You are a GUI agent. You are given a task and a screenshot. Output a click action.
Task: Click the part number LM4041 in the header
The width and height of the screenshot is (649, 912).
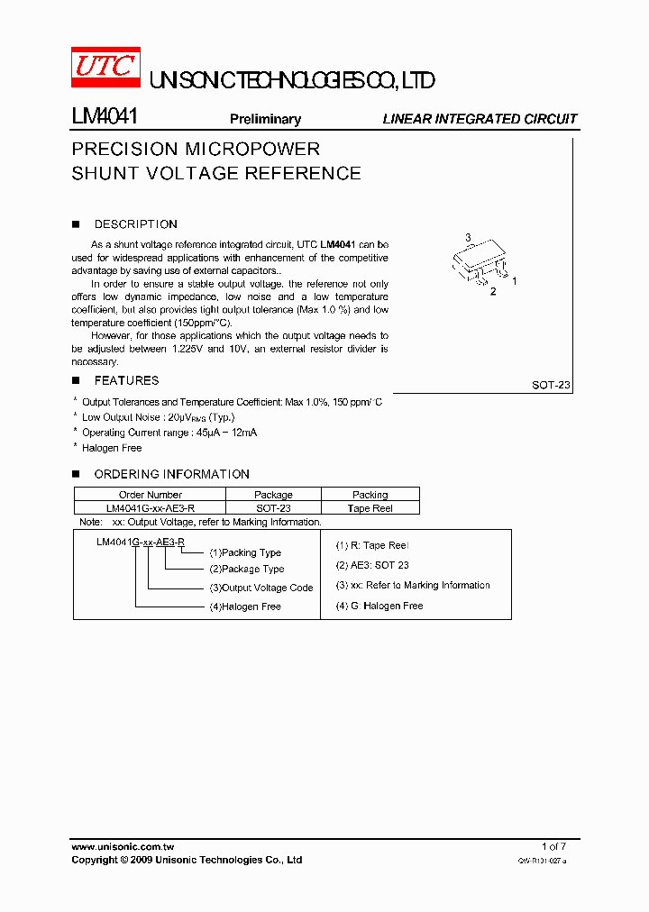pyautogui.click(x=104, y=117)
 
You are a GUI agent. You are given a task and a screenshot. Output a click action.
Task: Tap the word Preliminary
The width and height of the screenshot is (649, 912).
pyautogui.click(x=265, y=119)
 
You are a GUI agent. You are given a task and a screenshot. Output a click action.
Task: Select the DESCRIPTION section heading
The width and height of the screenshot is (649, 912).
pyautogui.click(x=135, y=224)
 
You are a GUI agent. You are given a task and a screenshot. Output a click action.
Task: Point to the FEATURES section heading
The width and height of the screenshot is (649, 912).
pyautogui.click(x=126, y=380)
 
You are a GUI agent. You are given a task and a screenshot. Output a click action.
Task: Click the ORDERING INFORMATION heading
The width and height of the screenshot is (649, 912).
pyautogui.click(x=171, y=474)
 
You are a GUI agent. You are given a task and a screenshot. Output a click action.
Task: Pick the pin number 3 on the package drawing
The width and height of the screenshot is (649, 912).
pyautogui.click(x=468, y=238)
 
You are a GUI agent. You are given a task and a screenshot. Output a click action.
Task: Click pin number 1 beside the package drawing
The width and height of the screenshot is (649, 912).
pyautogui.click(x=514, y=281)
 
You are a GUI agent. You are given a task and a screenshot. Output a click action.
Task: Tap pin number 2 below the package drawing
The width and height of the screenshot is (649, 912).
pyautogui.click(x=492, y=292)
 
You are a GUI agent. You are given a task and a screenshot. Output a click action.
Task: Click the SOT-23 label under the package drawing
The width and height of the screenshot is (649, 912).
pyautogui.click(x=551, y=385)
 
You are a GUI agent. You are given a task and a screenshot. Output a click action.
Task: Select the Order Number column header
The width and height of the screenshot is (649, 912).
pyautogui.click(x=150, y=495)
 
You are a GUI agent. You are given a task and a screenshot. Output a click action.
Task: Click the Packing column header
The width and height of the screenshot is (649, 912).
pyautogui.click(x=370, y=495)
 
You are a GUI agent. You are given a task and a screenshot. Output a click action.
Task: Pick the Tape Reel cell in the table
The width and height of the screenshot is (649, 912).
pyautogui.click(x=370, y=508)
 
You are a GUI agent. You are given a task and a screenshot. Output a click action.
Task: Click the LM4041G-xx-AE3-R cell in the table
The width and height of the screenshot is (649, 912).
pyautogui.click(x=150, y=508)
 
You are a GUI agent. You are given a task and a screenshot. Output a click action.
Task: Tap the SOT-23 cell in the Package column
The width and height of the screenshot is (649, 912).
pyautogui.click(x=273, y=508)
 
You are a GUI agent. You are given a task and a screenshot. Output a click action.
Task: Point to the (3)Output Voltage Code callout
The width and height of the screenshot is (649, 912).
pyautogui.click(x=261, y=588)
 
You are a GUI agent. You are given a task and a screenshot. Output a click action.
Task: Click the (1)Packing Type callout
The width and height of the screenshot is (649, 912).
pyautogui.click(x=245, y=552)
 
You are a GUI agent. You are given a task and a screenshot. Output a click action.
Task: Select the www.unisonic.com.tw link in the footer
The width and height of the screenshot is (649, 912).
pyautogui.click(x=123, y=846)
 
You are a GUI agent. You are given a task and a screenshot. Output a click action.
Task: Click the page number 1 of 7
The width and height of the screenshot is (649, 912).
pyautogui.click(x=553, y=846)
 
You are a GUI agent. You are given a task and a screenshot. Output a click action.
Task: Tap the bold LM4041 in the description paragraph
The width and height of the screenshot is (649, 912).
pyautogui.click(x=339, y=244)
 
